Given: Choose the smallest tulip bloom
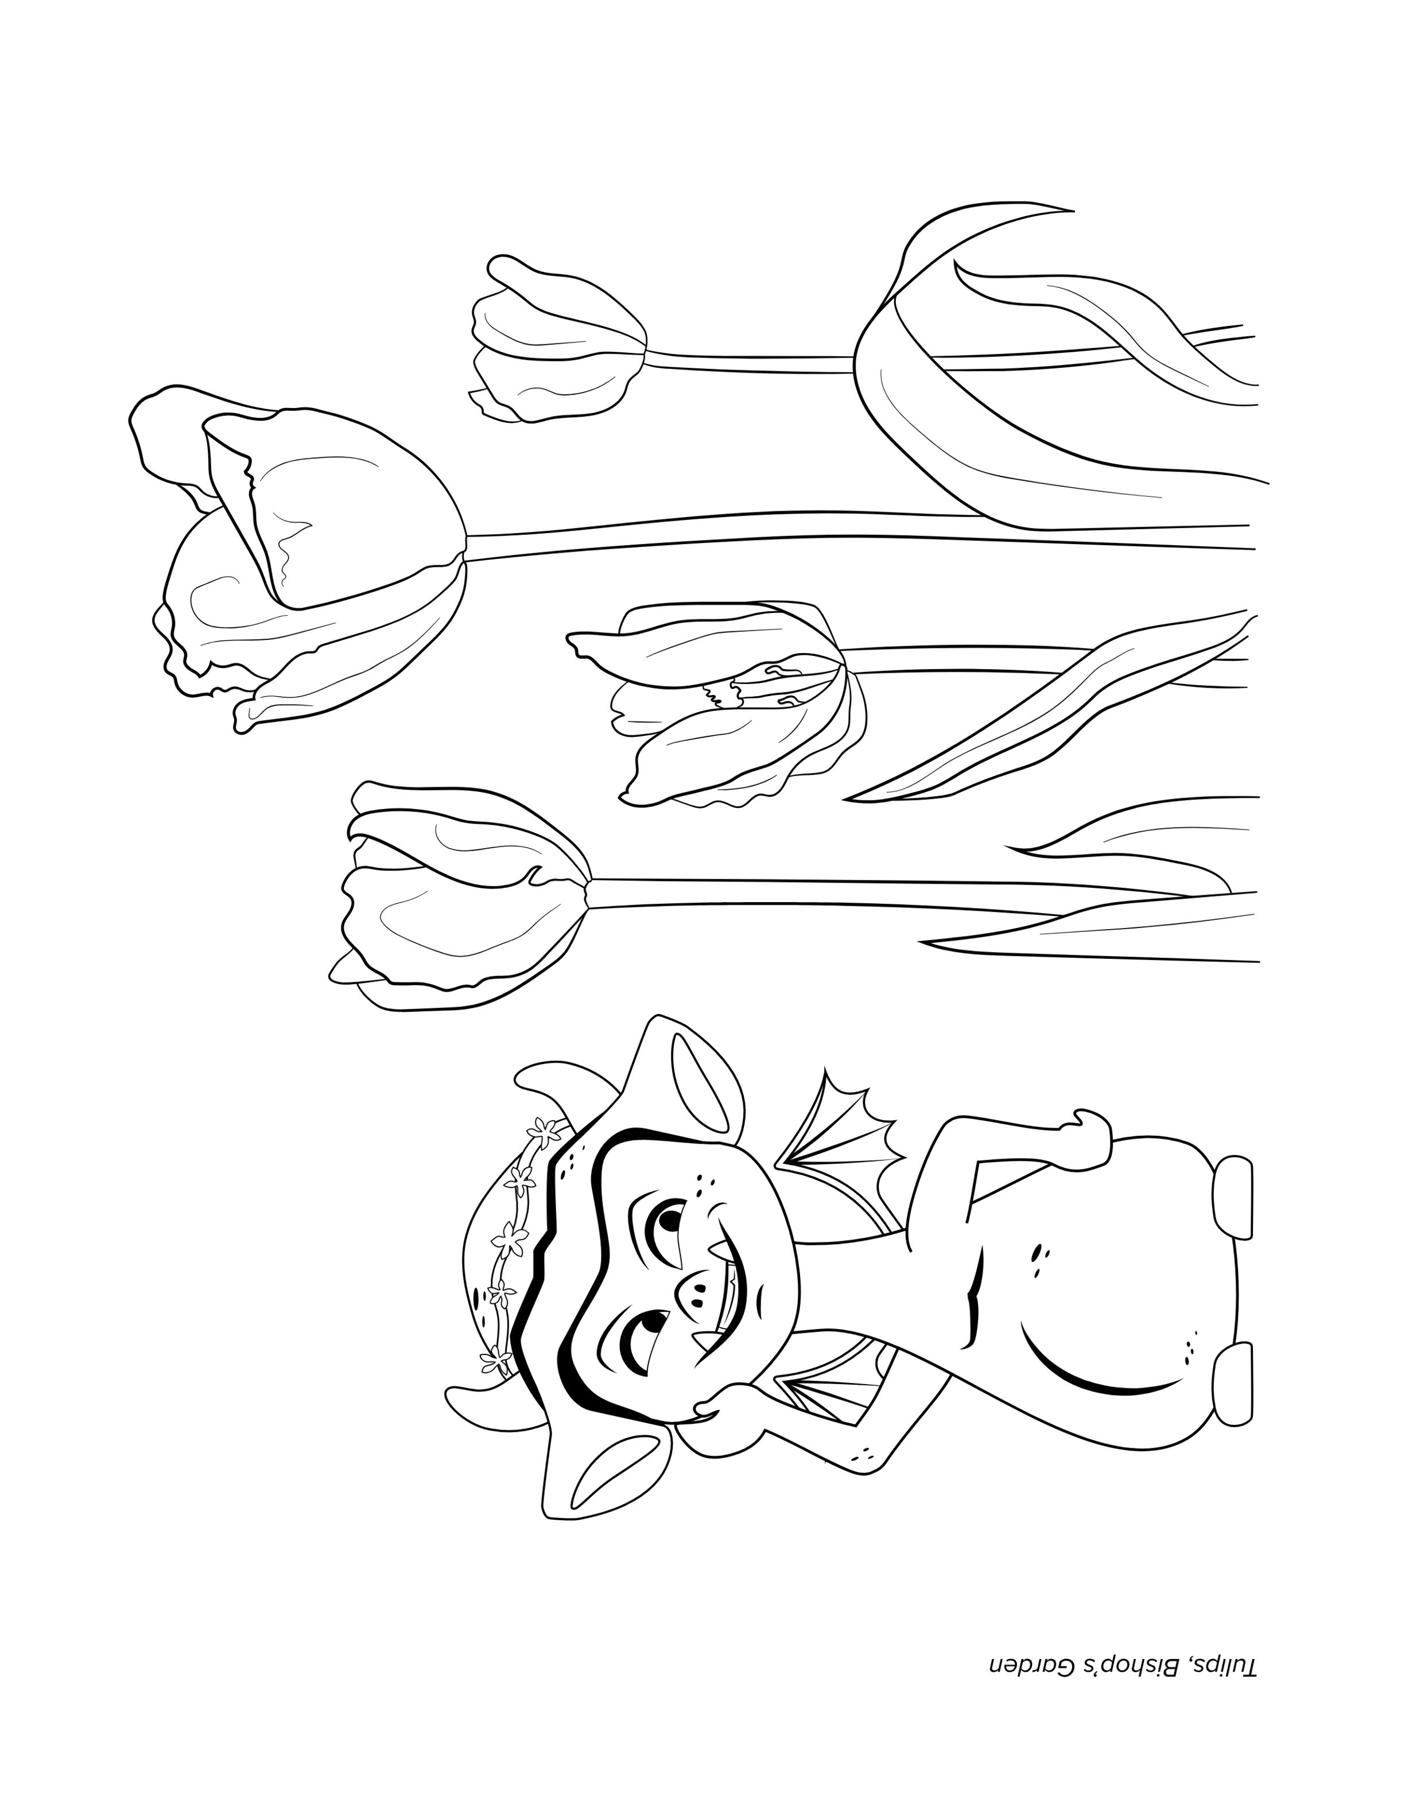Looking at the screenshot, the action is coord(558,341).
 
